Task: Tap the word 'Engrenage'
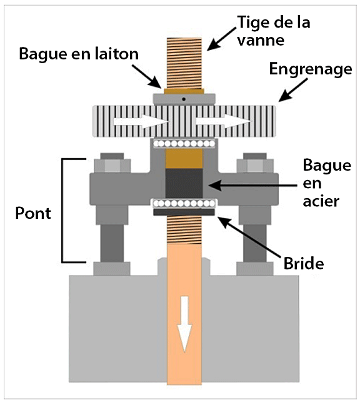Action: pos(311,70)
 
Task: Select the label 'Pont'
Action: pos(33,213)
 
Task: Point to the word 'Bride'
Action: pos(304,263)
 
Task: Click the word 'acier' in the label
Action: pos(321,201)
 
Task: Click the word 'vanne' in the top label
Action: pos(261,41)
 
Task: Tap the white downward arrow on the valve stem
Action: pos(184,324)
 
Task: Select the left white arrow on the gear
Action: pos(141,121)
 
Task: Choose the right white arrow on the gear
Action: pos(223,121)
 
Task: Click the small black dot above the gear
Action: pos(184,99)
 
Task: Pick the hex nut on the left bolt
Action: pos(112,165)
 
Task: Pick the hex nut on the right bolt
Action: pos(255,165)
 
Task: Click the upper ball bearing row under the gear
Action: pos(184,144)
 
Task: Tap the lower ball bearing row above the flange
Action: pos(184,204)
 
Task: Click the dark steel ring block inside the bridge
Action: pos(184,184)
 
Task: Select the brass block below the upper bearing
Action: pos(184,158)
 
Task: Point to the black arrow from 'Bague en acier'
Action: pos(252,185)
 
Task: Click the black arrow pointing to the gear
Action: pos(293,90)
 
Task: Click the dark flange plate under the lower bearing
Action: pos(184,212)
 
